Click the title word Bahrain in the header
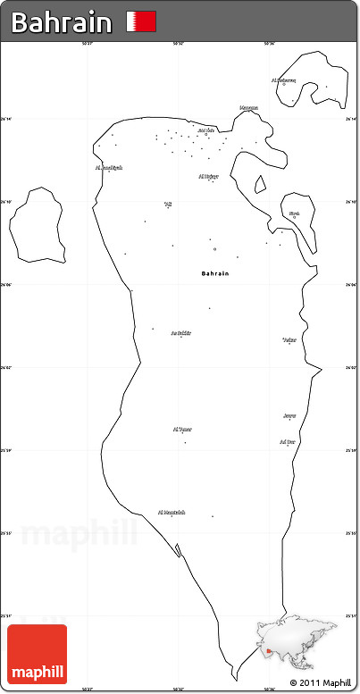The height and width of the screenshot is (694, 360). [x=62, y=22]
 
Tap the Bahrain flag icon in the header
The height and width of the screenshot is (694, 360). [x=141, y=21]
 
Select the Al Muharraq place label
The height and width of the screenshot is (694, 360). [x=283, y=79]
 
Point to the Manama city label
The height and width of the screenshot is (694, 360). [x=249, y=108]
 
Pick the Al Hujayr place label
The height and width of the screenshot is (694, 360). [x=208, y=176]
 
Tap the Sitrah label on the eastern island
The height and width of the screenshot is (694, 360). [x=294, y=213]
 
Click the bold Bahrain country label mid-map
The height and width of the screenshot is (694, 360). [x=215, y=272]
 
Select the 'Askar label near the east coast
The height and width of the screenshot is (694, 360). [x=289, y=339]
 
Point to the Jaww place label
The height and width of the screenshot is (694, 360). [x=289, y=415]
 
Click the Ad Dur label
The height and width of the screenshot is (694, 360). [x=287, y=441]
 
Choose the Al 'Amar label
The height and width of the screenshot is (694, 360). [x=182, y=429]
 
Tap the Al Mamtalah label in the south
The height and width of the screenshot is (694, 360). [x=172, y=512]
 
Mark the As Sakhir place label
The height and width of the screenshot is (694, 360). [x=181, y=332]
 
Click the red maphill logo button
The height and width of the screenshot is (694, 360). [x=37, y=655]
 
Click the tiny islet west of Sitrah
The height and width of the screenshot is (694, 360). [x=260, y=185]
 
